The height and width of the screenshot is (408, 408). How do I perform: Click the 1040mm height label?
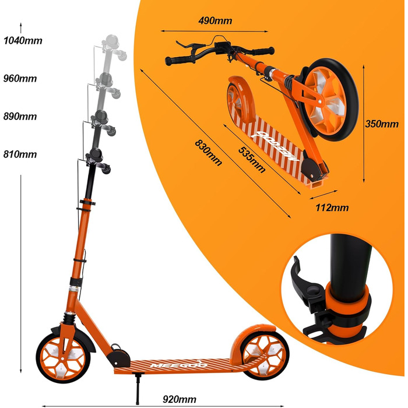click(23, 41)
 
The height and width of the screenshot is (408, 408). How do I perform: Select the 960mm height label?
click(20, 78)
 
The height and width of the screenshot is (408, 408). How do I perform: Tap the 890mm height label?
click(20, 117)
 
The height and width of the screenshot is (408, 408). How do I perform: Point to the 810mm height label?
click(20, 154)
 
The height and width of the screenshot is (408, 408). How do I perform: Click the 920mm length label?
click(180, 399)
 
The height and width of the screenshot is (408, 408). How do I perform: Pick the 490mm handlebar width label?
click(215, 20)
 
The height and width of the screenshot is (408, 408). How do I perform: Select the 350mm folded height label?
click(382, 124)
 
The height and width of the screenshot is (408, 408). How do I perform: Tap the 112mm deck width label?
click(332, 207)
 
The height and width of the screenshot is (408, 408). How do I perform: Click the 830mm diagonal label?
click(209, 153)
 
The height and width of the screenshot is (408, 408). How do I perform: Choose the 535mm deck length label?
click(252, 160)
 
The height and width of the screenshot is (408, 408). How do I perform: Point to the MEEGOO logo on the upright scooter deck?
click(179, 365)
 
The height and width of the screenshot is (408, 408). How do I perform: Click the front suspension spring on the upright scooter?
click(69, 318)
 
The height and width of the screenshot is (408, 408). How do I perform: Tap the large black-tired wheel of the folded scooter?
click(329, 100)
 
